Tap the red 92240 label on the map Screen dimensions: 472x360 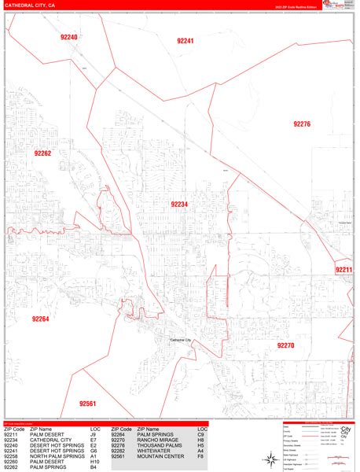[x=68, y=37]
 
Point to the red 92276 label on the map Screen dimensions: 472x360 [x=302, y=124]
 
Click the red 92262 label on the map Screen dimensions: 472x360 [x=42, y=153]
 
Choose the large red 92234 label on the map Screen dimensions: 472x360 [x=179, y=204]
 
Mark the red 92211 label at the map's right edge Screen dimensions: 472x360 [x=343, y=270]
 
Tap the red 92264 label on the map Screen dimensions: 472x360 [x=40, y=319]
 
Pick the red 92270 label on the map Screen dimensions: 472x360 [x=285, y=345]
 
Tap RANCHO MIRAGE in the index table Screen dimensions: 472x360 [x=156, y=439]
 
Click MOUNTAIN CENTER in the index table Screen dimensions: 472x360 [x=158, y=455]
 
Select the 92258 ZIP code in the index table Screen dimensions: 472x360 [x=12, y=455]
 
